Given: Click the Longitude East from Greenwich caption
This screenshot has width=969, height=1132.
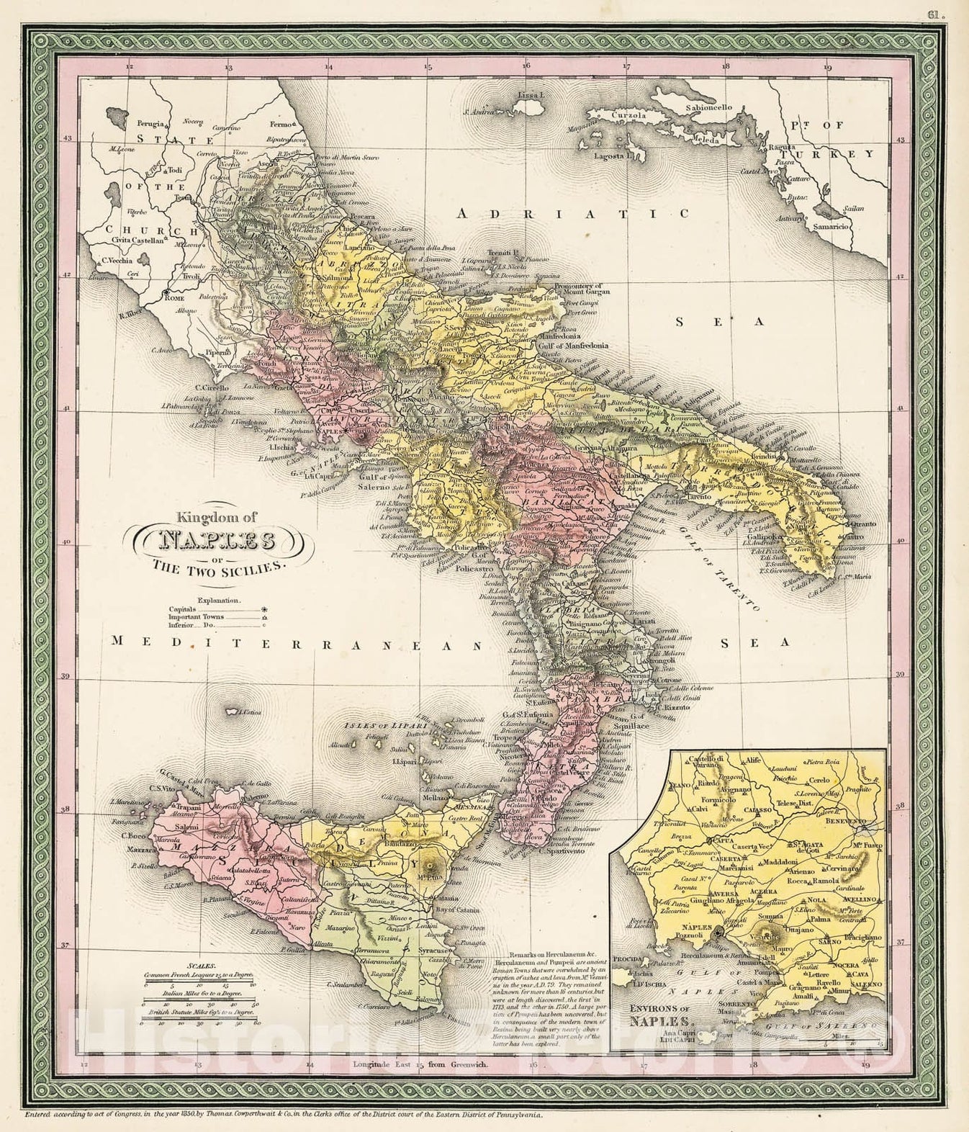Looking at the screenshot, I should (420, 1084).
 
